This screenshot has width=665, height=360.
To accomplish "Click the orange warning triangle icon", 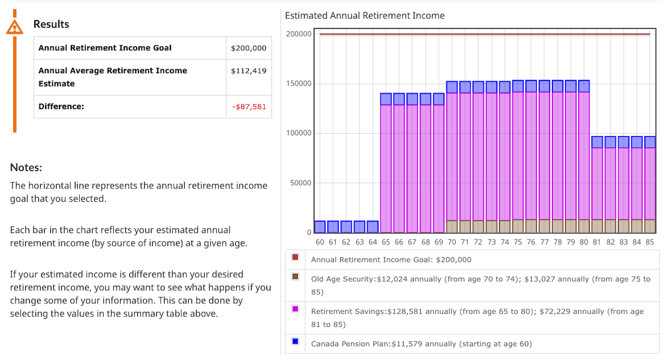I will coord(15,26).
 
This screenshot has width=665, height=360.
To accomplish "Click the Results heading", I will coord(51,24).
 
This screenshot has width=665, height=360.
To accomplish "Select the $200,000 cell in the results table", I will coord(248,48).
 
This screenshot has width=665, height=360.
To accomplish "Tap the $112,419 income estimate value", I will coord(248,71).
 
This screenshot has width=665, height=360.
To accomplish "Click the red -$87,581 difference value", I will coord(249,106).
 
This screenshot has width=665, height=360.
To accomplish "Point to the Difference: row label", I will coord(61,106).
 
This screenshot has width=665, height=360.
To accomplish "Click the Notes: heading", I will coord(26,167).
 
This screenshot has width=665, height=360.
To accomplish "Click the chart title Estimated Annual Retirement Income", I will coord(364,15).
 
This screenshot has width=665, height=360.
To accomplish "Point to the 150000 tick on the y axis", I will coord(298,83).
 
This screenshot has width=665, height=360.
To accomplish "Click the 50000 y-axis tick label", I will coord(300,183).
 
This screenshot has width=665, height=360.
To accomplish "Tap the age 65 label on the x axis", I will coord(386,242).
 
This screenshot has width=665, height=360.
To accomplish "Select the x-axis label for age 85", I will coord(650,242).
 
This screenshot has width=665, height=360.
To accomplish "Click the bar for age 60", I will coord(320,227).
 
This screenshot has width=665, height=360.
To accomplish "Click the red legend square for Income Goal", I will coord(295,258).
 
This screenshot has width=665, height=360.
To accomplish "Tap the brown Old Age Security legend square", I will coord(295,277).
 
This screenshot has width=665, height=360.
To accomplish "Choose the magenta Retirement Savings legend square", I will coord(295,309).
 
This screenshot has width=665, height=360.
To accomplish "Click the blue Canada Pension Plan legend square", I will coord(295,341).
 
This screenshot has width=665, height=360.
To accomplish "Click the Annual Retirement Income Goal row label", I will coord(105,48).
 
